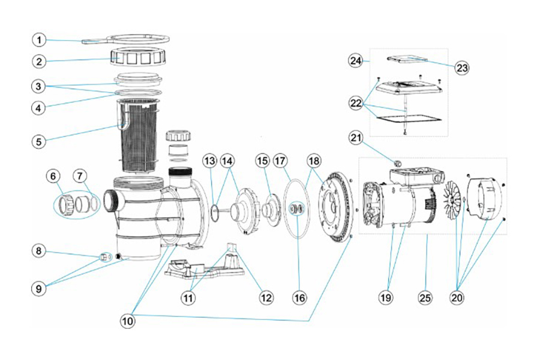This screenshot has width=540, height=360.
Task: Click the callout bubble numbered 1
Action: click(x=38, y=40)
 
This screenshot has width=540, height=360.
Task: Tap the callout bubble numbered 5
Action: click(x=38, y=142)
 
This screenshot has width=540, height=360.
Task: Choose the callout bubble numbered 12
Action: click(x=266, y=296)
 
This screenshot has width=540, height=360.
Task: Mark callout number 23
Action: click(x=461, y=68)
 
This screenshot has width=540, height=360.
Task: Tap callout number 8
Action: click(x=38, y=251)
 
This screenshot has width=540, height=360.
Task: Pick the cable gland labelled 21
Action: click(x=396, y=163)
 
